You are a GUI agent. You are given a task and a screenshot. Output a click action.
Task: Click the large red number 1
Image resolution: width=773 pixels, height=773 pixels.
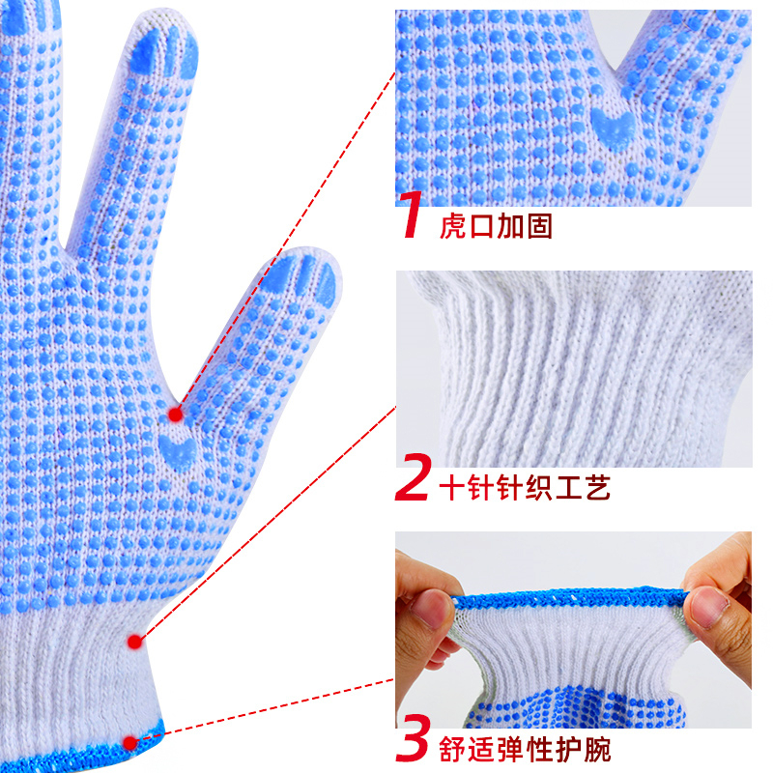(410, 215)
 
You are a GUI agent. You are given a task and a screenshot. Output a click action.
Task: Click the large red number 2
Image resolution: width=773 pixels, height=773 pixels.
(414, 476)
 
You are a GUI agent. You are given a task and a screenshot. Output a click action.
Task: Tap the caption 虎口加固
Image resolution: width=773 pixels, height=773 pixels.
(496, 226)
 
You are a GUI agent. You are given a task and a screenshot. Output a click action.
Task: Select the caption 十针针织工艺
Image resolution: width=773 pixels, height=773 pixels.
(525, 488)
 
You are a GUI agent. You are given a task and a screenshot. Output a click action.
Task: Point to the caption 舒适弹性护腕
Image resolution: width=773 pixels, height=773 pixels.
(525, 749)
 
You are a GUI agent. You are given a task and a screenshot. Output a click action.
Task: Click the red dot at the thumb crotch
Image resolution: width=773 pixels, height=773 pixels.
(175, 415)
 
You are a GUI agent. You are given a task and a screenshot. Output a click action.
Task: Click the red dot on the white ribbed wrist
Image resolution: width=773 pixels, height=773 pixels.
(134, 642)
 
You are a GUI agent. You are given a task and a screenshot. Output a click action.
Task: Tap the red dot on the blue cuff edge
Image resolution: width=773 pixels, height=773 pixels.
(129, 743)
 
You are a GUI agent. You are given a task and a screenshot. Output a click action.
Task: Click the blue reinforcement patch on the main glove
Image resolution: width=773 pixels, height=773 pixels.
(178, 451)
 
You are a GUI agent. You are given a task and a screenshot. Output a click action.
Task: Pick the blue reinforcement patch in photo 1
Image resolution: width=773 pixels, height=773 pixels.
(614, 129)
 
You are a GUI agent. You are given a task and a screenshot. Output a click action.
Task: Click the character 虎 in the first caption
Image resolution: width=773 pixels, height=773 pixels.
(452, 226)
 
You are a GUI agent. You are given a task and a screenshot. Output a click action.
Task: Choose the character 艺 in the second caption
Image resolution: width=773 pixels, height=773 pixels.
(597, 488)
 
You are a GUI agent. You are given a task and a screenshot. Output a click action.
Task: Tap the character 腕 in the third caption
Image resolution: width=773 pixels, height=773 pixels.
(597, 749)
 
